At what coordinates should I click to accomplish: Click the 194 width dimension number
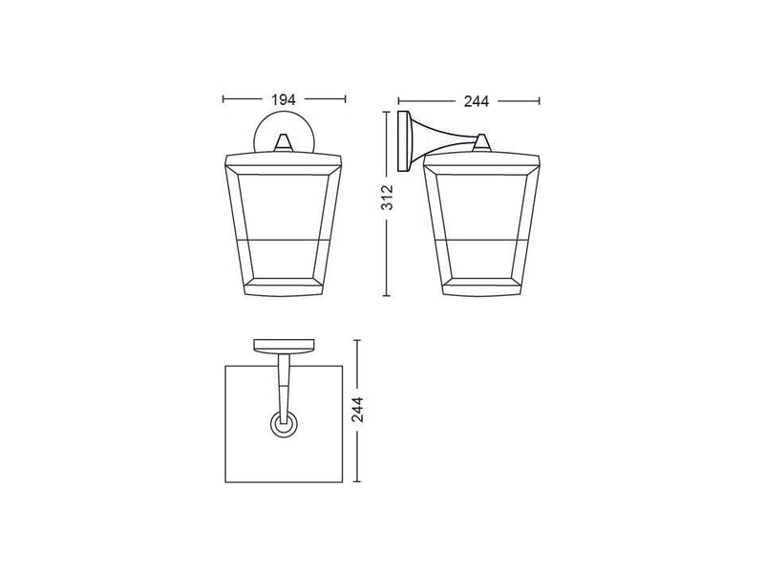coord(283,98)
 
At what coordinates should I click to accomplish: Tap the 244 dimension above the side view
coord(468,98)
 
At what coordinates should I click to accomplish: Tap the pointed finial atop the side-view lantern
coord(482,141)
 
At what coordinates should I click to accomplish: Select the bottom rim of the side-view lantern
coord(482,286)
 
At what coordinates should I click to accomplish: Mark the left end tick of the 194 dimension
coord(223,98)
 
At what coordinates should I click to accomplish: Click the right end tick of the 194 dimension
coord(345,98)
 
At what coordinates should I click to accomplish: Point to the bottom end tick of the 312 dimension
coord(387,297)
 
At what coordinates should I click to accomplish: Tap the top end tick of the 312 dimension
coord(387,111)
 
